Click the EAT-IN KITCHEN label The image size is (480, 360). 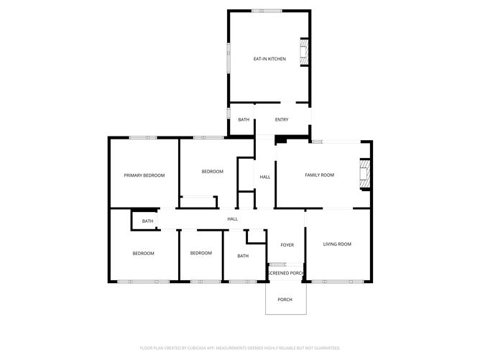269,59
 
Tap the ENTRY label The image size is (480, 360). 282,119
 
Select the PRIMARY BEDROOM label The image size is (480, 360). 144,175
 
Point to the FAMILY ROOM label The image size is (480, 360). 320,175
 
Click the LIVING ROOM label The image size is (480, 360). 336,244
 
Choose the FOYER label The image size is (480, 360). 287,245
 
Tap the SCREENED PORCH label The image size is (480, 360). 287,273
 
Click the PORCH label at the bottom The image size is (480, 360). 285,299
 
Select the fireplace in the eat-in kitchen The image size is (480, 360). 305,51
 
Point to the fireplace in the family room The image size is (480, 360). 366,174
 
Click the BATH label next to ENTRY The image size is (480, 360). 244,119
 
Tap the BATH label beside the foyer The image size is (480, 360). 243,256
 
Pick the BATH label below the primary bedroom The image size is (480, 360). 147,221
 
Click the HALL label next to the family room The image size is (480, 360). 265,177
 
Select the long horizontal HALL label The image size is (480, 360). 233,218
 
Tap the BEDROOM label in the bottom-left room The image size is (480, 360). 143,253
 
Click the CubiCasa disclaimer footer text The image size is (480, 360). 240,347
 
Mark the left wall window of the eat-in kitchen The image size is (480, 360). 229,57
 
